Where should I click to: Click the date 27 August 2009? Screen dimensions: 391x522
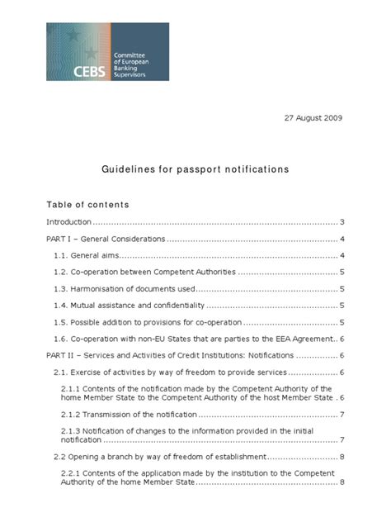(307, 118)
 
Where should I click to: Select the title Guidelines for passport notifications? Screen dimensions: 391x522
(195, 168)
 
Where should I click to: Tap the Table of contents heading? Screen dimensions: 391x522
(88, 204)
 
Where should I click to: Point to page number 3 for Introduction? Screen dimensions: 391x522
(342, 222)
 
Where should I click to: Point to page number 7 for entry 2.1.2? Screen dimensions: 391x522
(342, 414)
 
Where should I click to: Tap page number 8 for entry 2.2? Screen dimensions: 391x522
(342, 457)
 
